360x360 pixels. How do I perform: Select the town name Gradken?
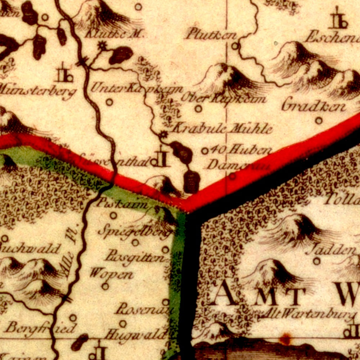coord(314,106)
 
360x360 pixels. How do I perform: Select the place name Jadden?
coord(331,249)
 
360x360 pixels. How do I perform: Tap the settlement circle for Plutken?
coord(235,46)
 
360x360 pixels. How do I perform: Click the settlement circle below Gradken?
coord(319,121)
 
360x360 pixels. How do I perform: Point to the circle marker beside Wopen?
coord(105,286)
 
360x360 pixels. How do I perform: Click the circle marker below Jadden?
coord(316,261)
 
